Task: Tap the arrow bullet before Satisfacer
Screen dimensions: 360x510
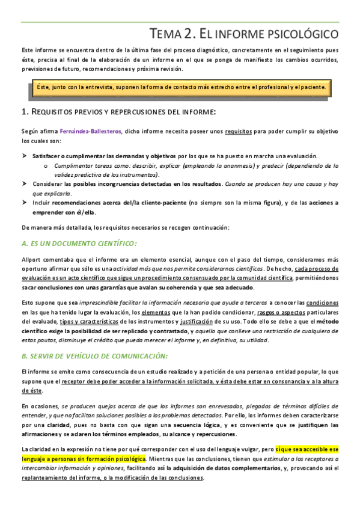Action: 25,156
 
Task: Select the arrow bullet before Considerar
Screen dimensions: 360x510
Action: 25,183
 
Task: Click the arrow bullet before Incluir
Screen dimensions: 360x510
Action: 25,203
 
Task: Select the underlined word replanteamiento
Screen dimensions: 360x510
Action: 47,478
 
